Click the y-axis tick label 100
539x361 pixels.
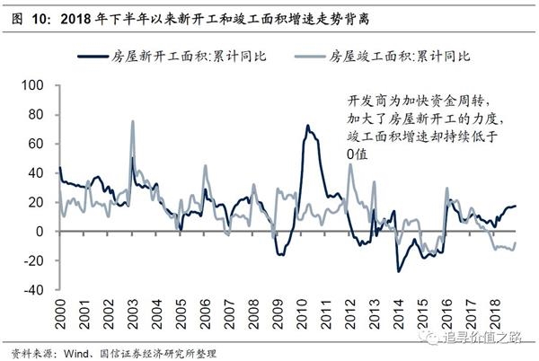[x=32, y=85]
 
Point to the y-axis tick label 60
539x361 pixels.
[x=35, y=144]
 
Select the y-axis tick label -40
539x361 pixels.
[x=33, y=290]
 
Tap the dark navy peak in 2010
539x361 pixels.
[x=307, y=126]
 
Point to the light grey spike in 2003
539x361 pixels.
[x=133, y=121]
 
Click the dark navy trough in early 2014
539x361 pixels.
[x=398, y=270]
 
